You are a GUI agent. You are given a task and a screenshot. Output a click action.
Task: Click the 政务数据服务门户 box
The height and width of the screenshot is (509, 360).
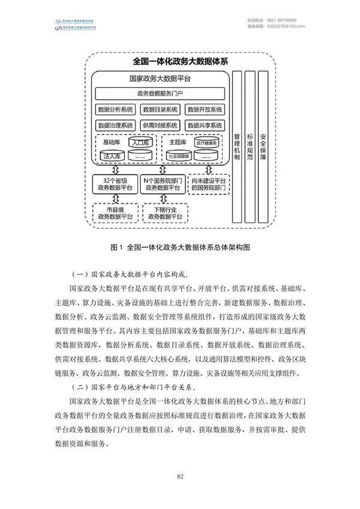pos(160,94)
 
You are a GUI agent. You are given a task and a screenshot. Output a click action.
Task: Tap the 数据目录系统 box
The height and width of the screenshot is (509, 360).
pos(160,110)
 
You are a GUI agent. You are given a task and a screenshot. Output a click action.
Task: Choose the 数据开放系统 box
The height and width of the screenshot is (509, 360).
pos(205,110)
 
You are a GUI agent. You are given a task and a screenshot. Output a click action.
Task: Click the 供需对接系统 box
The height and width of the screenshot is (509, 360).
pos(160,125)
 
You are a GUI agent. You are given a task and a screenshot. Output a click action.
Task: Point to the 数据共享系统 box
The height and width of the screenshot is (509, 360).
pos(205,125)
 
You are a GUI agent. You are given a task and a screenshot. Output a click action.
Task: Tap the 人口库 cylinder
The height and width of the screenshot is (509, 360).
pos(140,143)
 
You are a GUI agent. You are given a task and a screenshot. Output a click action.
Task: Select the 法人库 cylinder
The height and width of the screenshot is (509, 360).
pos(113,155)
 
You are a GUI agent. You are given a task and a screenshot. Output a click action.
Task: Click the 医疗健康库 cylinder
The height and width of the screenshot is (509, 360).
pos(206,143)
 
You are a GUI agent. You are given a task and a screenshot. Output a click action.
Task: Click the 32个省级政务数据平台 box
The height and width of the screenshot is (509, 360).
pos(115,184)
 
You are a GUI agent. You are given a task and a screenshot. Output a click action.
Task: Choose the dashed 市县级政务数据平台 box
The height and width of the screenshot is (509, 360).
pos(115,212)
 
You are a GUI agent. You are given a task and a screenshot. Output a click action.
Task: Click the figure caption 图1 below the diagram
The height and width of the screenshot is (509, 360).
pos(180,247)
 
